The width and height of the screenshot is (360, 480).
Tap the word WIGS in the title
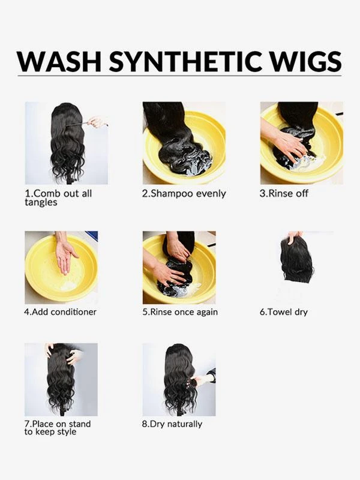308,61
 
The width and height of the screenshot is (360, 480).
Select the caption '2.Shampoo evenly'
184,194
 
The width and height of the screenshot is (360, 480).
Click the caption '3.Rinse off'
284,194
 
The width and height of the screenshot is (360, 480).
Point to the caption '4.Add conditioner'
60,312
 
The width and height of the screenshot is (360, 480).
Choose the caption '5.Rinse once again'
179,312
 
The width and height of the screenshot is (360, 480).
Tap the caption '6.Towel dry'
283,312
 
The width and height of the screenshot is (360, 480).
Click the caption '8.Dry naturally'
172,424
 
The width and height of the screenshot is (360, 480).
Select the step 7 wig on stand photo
61,379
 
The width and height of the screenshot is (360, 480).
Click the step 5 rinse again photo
179,267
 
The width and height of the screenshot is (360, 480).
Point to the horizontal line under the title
180,77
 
